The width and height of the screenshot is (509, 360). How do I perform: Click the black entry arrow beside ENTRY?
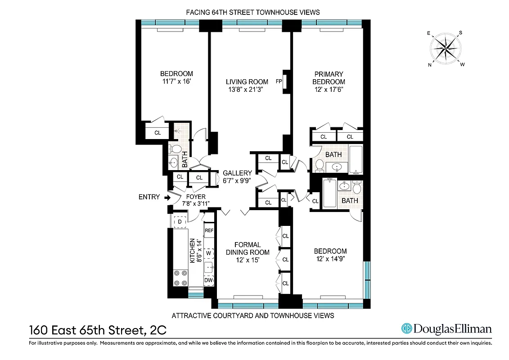tap(168, 197)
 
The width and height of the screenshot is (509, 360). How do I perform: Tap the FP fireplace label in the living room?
tap(279, 82)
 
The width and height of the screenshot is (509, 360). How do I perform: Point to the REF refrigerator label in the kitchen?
tap(209, 230)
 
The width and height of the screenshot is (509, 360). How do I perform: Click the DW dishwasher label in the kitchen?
tap(208, 280)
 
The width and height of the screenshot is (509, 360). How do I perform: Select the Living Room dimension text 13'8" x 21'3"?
tap(245, 90)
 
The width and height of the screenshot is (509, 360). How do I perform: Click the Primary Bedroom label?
tap(329, 78)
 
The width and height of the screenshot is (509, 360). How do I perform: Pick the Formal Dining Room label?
tap(248, 248)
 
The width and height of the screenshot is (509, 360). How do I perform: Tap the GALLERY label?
tap(237, 173)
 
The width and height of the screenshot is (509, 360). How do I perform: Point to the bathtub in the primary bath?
tap(356, 160)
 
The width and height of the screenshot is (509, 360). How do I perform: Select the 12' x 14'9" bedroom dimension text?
tap(330, 259)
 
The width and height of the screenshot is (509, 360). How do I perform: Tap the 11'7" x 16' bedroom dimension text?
tap(176, 82)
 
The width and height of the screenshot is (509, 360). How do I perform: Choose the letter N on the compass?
tap(430, 65)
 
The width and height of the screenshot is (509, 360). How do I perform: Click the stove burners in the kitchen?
tap(180, 277)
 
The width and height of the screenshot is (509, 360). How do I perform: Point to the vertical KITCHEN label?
tap(192, 251)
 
